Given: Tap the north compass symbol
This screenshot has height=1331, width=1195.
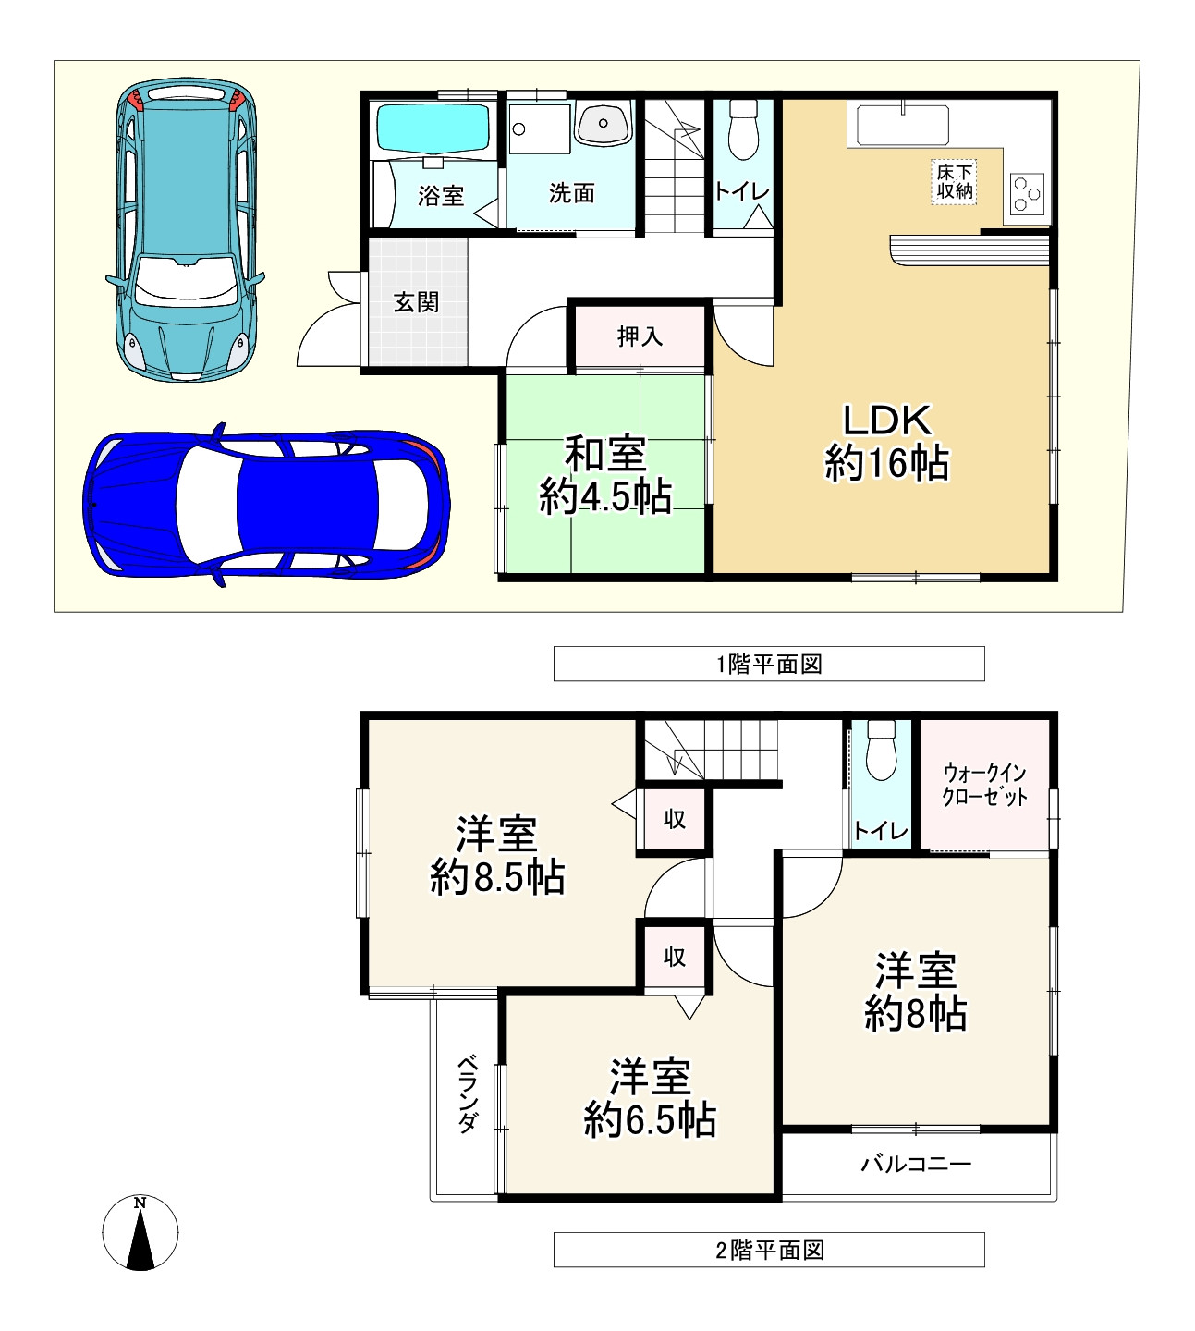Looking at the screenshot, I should tap(140, 1233).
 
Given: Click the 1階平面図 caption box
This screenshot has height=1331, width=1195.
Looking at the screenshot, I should tap(768, 664).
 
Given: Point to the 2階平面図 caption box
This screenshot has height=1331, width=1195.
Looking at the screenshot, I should tap(768, 1250).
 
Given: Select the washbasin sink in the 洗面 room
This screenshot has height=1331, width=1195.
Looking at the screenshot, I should tap(603, 124).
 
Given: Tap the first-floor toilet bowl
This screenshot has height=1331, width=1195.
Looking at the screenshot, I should tap(742, 131).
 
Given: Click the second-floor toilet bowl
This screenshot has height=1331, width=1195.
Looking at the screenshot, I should tap(881, 751).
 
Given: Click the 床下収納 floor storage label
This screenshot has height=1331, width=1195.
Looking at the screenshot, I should tap(954, 182).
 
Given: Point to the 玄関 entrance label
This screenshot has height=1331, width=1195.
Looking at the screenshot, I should tap(417, 302).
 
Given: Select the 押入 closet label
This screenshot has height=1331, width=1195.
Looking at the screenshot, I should tap(640, 336).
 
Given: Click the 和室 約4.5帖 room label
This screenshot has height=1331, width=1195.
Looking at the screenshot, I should tap(605, 476).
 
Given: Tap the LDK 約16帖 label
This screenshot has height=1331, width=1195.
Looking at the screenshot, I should tap(886, 442).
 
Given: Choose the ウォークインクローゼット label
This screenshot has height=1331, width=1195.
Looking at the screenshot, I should tap(984, 785).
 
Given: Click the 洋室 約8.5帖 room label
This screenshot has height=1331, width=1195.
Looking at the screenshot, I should tap(497, 856).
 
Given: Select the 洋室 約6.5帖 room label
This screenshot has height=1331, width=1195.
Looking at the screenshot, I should tap(650, 1099).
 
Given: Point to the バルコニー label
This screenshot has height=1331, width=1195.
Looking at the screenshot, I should tap(916, 1163).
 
